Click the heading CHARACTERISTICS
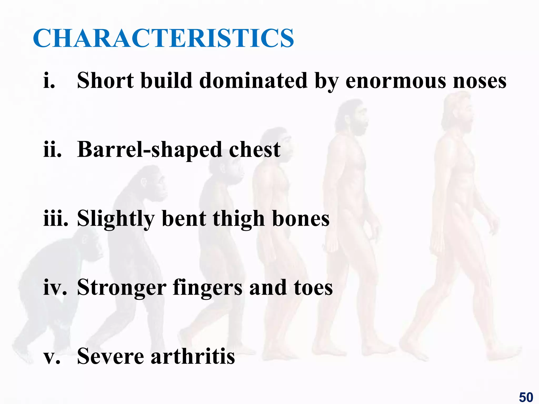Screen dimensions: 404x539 tap(163, 38)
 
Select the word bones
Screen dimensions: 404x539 tap(301, 219)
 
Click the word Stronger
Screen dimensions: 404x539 tap(122, 288)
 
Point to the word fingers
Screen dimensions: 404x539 tap(207, 288)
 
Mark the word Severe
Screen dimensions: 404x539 tap(111, 356)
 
